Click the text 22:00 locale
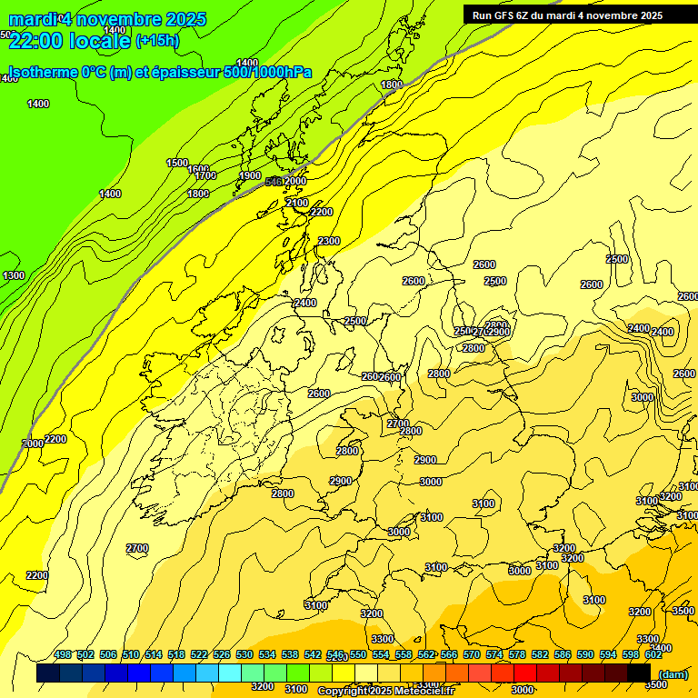pos(68,41)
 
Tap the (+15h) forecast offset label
pos(158,41)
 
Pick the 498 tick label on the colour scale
pos(63,654)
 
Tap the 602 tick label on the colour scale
pos(653,654)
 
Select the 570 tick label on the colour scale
pos(472,654)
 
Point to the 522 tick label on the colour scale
pos(199,654)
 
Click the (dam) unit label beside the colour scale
pos(673,673)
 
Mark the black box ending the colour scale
pos(639,673)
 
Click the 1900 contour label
pos(250,176)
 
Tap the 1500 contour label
pos(177,163)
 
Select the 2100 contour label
pos(297,203)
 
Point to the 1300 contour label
pos(14,275)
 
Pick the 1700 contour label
pos(205,175)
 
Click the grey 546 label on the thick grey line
pos(273,182)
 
